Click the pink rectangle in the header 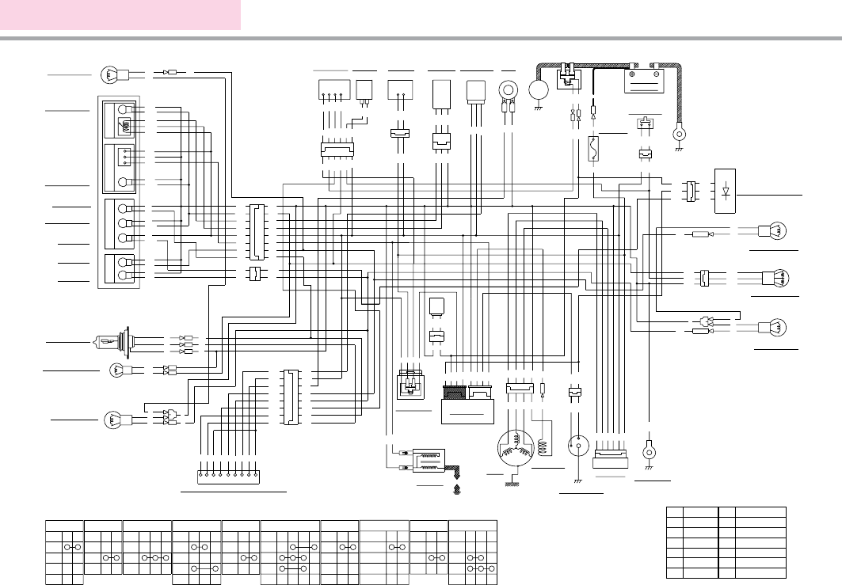tap(120, 15)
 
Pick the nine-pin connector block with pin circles tap(227, 477)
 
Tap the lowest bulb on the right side tap(772, 327)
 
